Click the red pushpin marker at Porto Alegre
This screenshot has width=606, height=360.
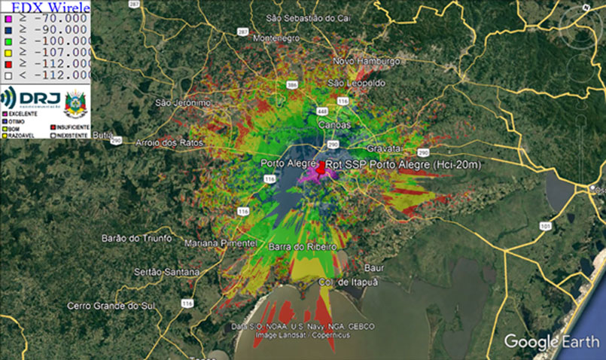[x=321, y=169]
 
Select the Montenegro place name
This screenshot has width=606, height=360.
[x=272, y=38]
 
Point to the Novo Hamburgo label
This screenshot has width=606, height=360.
[x=367, y=61]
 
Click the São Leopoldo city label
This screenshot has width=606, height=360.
[x=357, y=82]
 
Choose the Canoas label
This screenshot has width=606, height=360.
[x=335, y=124]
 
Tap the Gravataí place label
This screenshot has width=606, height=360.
[x=384, y=148]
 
